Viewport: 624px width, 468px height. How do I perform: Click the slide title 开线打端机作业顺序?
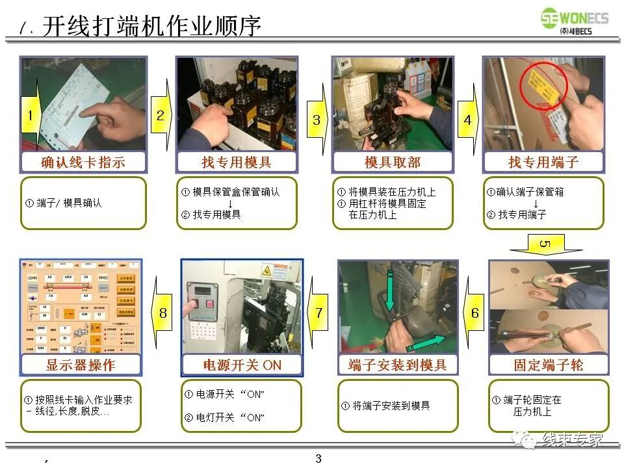(x=151, y=27)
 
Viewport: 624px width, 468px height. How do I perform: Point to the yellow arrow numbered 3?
(x=317, y=119)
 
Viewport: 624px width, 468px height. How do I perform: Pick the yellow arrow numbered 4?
(x=467, y=120)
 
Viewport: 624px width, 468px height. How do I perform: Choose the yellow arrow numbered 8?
(x=162, y=313)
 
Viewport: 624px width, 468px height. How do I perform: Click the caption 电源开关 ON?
(x=242, y=365)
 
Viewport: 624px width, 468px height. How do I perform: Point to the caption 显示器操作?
(x=81, y=365)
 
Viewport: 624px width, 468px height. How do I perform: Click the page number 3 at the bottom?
(x=318, y=459)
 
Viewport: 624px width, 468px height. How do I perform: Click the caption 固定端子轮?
(x=549, y=365)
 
